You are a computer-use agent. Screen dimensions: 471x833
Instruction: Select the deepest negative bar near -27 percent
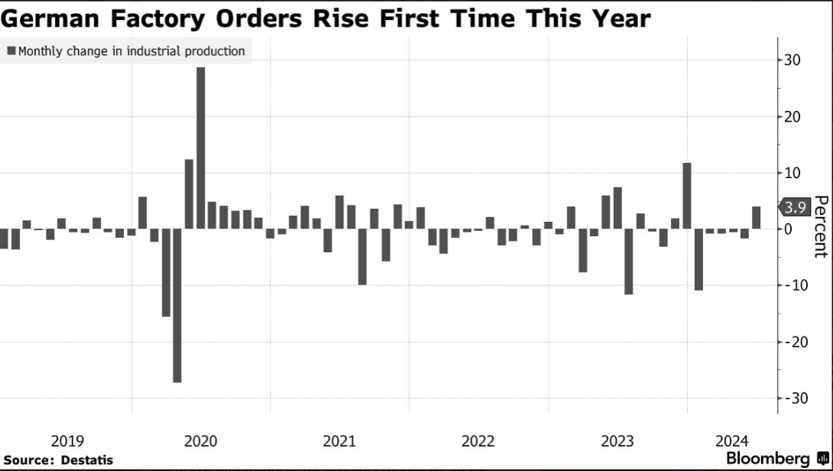click(x=177, y=305)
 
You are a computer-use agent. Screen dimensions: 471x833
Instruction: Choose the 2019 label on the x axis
click(x=67, y=441)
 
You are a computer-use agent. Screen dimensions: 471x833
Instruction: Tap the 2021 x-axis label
click(x=339, y=441)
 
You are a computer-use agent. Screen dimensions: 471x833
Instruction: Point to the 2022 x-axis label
click(x=478, y=441)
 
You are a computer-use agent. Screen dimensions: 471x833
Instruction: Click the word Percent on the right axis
click(x=821, y=226)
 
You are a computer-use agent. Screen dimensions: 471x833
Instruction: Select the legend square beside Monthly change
click(x=11, y=51)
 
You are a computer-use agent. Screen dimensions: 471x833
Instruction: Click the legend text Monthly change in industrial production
click(x=131, y=51)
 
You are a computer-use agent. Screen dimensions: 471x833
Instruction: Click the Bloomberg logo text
click(x=767, y=459)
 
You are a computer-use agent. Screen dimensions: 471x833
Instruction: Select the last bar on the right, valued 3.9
click(x=757, y=218)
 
